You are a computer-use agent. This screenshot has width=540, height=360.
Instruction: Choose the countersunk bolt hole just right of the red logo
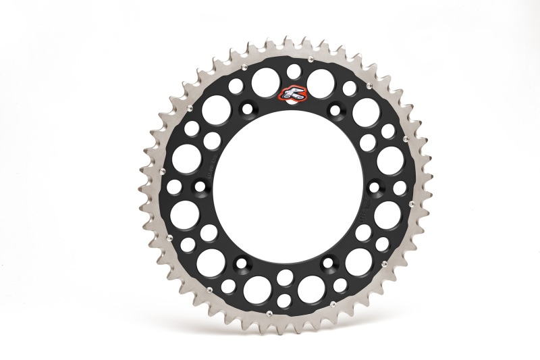tap(331, 111)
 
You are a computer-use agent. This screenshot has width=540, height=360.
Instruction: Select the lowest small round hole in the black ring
tap(284, 299)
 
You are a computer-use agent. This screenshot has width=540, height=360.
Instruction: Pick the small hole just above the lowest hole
tap(286, 276)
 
